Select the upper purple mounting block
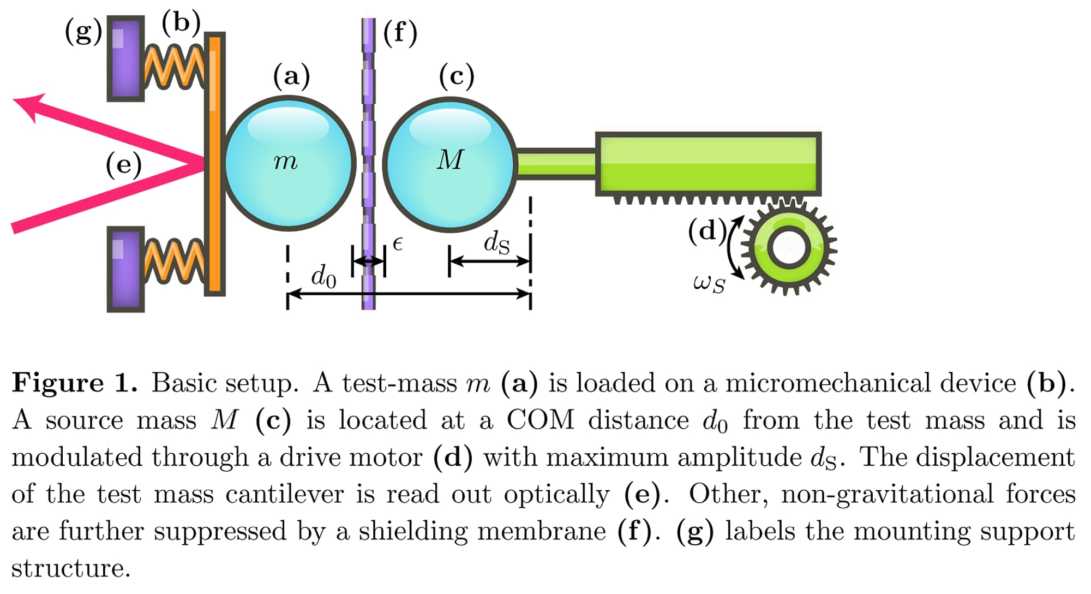pyautogui.click(x=125, y=58)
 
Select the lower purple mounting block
pyautogui.click(x=125, y=269)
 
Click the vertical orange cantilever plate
pyautogui.click(x=214, y=164)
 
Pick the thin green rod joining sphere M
pyautogui.click(x=555, y=163)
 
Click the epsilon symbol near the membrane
pyautogui.click(x=398, y=244)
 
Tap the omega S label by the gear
pyautogui.click(x=709, y=283)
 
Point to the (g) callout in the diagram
pyautogui.click(x=83, y=31)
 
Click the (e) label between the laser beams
pyautogui.click(x=123, y=164)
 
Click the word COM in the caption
pyautogui.click(x=540, y=420)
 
